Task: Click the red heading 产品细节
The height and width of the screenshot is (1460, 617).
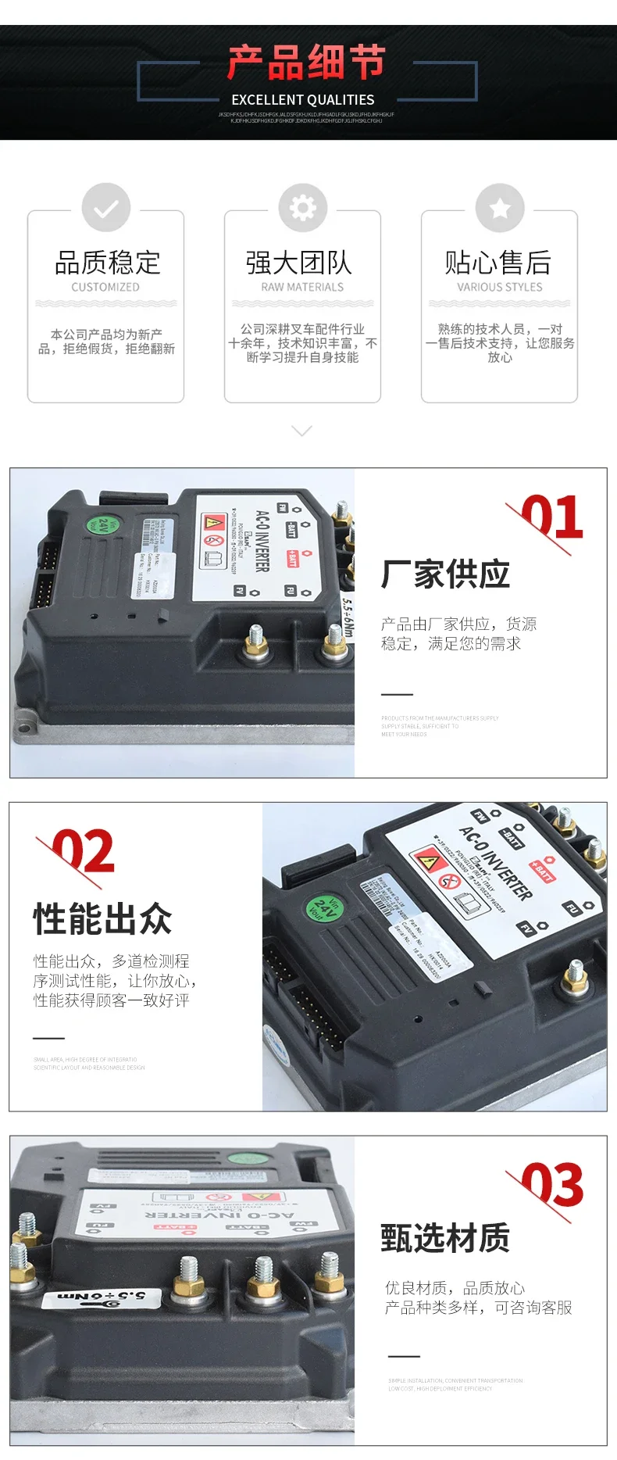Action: pyautogui.click(x=306, y=63)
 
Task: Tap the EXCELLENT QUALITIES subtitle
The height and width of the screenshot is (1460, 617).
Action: pyautogui.click(x=303, y=100)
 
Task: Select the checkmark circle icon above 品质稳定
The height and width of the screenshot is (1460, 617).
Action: pyautogui.click(x=106, y=208)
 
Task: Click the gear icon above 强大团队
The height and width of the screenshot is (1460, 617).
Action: pyautogui.click(x=303, y=208)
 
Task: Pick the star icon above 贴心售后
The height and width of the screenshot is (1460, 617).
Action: pyautogui.click(x=500, y=208)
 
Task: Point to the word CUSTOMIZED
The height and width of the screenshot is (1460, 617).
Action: pyautogui.click(x=105, y=287)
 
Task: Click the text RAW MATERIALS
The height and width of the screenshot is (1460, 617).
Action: pyautogui.click(x=302, y=287)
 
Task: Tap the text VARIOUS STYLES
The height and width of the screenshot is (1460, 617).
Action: pyautogui.click(x=500, y=287)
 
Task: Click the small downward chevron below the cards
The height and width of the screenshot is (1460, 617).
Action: pyautogui.click(x=301, y=431)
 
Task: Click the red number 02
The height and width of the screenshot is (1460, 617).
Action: pyautogui.click(x=83, y=852)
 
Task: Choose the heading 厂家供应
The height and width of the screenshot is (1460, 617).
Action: pyautogui.click(x=445, y=574)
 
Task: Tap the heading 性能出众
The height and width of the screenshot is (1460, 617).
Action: pyautogui.click(x=102, y=918)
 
